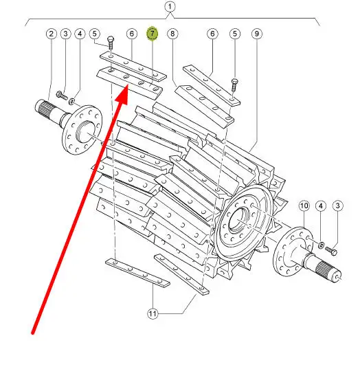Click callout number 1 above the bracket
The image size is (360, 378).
[x=170, y=7]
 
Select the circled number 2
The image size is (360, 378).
[x=51, y=34]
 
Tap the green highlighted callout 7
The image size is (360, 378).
[x=153, y=34]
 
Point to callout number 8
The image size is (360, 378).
[x=172, y=34]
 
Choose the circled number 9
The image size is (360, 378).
[x=257, y=34]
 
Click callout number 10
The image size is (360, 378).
[x=304, y=206]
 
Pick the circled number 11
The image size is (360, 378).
[x=153, y=313]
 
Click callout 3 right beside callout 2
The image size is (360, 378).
[x=65, y=34]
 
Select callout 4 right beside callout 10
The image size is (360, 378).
[x=320, y=206]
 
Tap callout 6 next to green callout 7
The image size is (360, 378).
[x=132, y=34]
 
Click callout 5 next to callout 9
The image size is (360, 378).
[x=235, y=34]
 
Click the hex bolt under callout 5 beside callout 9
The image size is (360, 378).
[x=234, y=85]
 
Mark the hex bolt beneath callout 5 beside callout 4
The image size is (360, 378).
[x=111, y=43]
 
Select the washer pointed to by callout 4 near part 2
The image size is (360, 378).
[x=71, y=102]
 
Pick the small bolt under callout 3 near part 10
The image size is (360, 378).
[x=331, y=251]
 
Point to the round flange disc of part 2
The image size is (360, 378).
[x=82, y=129]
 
